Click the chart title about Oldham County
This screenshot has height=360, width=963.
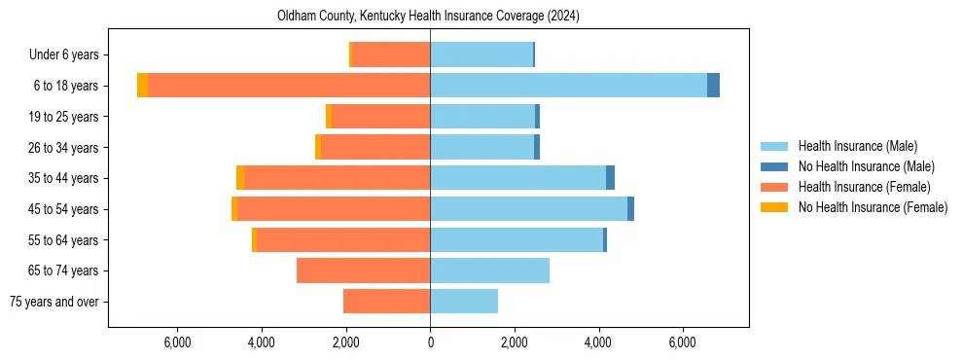[x=429, y=17]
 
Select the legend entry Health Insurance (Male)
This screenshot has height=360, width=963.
[x=857, y=146]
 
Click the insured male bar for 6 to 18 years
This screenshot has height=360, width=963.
[x=568, y=86]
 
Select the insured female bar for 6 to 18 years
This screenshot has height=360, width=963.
[x=289, y=86]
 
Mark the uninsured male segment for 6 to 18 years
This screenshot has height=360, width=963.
[x=713, y=86]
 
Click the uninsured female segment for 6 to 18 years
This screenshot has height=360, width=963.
[x=143, y=86]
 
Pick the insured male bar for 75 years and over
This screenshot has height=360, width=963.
[x=464, y=302]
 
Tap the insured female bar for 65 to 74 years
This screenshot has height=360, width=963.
[x=363, y=270]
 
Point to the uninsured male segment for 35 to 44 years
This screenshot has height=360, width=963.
[x=610, y=178]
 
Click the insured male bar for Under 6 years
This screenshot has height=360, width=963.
[x=481, y=55]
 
